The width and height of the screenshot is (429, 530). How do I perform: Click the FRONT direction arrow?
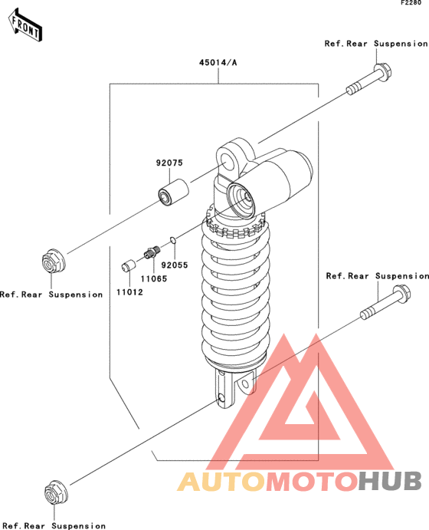point(25,26)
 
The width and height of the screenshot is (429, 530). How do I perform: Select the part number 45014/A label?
point(218,63)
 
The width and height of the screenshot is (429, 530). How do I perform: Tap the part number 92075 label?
point(169,163)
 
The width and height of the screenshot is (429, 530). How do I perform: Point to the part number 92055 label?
point(175,265)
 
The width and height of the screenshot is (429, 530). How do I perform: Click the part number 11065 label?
point(154,279)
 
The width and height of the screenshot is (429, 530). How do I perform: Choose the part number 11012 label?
point(130,292)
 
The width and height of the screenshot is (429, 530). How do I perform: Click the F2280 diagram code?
point(411,3)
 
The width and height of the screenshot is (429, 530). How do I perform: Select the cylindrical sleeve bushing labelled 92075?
point(173,192)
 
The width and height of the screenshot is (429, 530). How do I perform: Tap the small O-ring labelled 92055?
point(173,240)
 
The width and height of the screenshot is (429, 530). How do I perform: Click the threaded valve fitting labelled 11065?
point(152,252)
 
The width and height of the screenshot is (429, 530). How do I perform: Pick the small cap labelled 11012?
point(128,265)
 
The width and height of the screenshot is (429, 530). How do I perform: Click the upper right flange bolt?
point(369,79)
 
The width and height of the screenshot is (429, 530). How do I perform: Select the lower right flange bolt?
point(385,302)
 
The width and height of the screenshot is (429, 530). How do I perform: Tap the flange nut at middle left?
point(54,262)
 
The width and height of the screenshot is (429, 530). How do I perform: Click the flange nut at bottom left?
point(56,492)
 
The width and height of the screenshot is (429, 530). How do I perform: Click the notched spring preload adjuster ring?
point(236,225)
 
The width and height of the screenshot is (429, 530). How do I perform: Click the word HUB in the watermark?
point(389,482)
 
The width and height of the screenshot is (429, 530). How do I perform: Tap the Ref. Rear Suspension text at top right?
point(376,44)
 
